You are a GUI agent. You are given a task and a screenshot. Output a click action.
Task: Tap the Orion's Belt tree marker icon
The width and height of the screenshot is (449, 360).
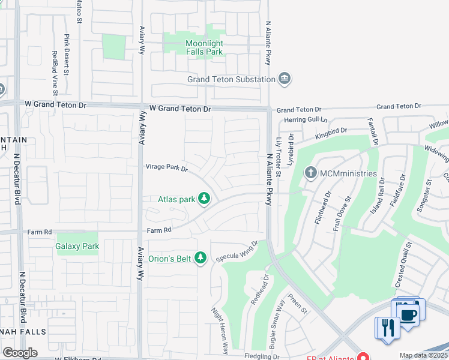pyautogui.click(x=200, y=258)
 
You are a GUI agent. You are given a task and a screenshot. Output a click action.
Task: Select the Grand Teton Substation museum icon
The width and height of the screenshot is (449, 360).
pyautogui.click(x=285, y=79)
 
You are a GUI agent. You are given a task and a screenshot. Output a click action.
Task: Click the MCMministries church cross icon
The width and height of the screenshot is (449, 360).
pyautogui.click(x=310, y=173)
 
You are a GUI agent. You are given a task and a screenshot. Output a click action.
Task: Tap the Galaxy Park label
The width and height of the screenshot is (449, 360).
pyautogui.click(x=77, y=246)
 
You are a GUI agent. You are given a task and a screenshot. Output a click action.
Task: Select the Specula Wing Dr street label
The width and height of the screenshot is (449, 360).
pyautogui.click(x=237, y=248)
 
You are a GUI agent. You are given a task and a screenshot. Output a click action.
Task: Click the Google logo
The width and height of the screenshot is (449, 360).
pyautogui.click(x=20, y=353)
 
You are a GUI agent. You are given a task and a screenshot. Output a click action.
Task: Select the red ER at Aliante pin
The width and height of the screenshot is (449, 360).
pyautogui.click(x=363, y=356)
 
